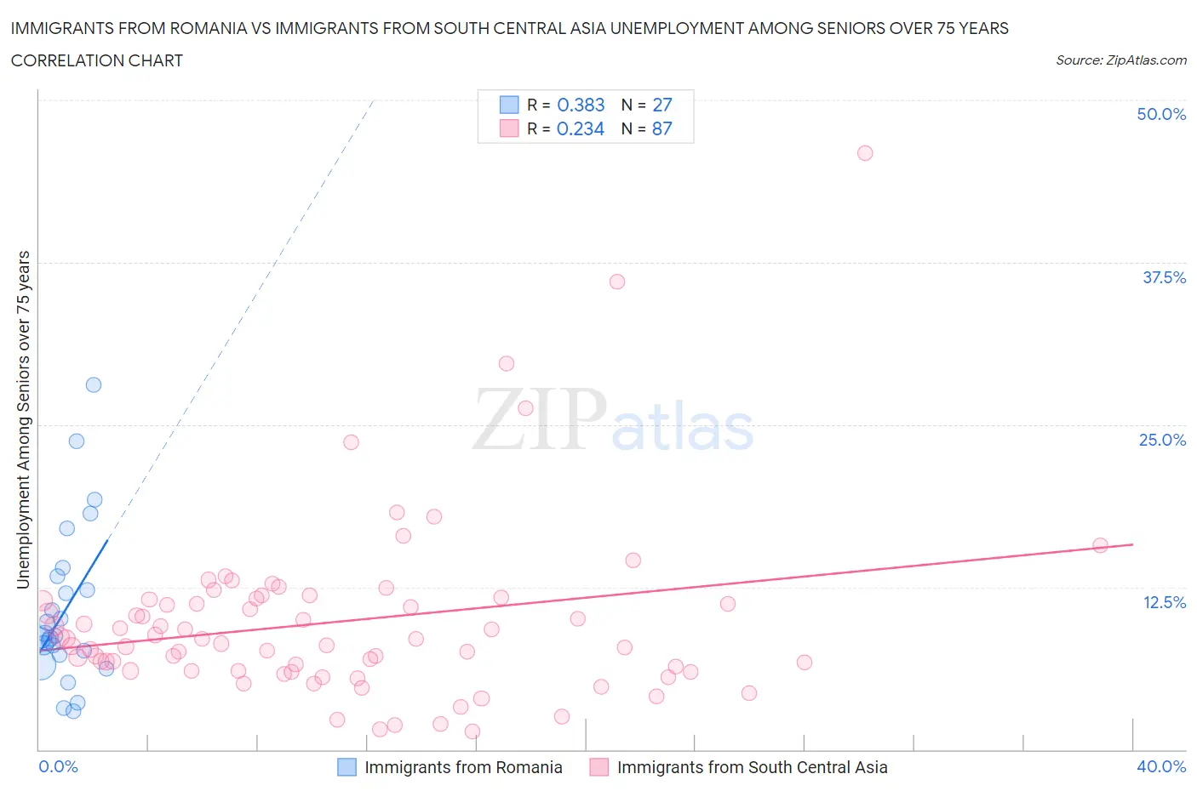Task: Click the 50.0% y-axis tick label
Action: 1161,114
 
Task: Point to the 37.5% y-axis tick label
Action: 1164,277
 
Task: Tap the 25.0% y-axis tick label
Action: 1162,440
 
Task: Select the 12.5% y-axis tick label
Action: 1164,602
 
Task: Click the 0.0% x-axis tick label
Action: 58,766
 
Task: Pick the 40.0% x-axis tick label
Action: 1161,766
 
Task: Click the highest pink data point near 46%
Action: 865,153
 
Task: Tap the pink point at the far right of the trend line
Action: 1100,545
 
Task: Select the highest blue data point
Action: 94,384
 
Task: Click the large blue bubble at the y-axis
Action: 39,664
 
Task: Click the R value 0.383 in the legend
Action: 581,105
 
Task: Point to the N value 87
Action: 661,128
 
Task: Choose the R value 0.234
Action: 581,128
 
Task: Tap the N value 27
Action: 661,105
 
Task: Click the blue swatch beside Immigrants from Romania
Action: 346,767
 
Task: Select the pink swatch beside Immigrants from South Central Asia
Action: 599,767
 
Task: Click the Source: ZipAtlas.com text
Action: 1120,60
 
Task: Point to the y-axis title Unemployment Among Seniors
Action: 24,420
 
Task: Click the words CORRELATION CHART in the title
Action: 97,60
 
